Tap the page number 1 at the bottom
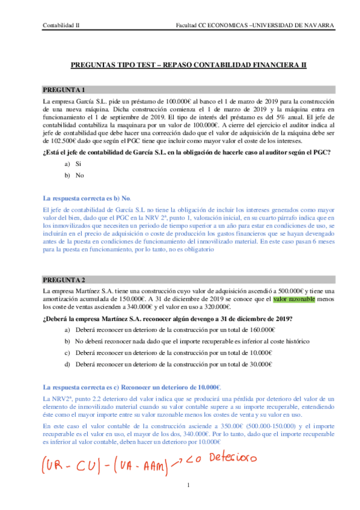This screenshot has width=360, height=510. point(189,486)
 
